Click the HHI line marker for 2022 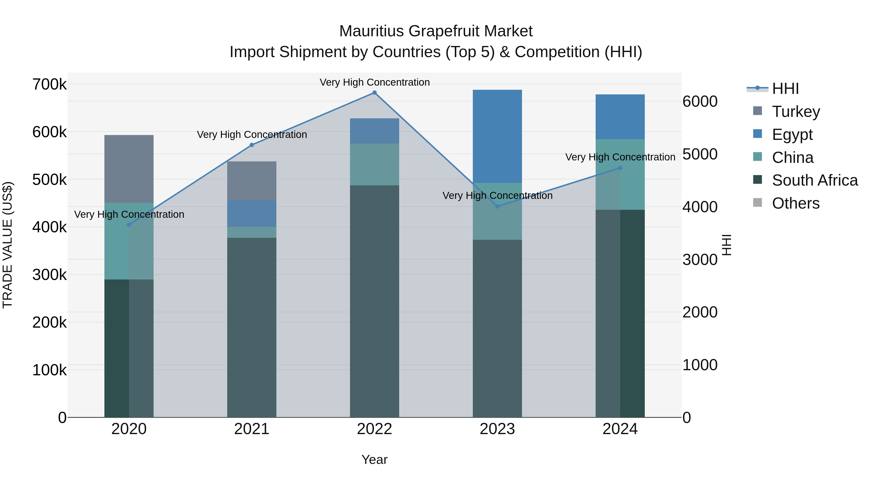pos(374,93)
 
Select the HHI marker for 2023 pos(497,206)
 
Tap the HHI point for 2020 pos(129,225)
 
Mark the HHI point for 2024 pos(620,168)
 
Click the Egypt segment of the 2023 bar pos(497,136)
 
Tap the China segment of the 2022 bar pos(374,164)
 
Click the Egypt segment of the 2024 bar pos(620,117)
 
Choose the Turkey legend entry pos(795,112)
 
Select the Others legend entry pos(795,203)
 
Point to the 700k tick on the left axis pos(49,84)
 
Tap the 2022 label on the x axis pos(374,429)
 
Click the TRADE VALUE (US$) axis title pos(8,245)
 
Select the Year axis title pos(374,460)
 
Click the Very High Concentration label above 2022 pos(374,82)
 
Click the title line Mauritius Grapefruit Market pos(436,31)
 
